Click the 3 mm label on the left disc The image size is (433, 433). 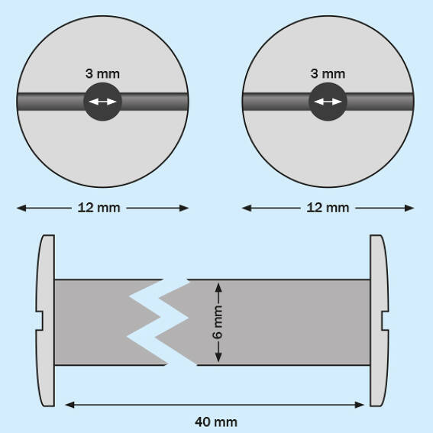(102, 74)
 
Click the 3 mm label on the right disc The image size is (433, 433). (328, 74)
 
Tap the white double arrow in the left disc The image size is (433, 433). (102, 102)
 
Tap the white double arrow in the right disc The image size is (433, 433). (328, 102)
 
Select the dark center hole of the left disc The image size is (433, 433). (102, 102)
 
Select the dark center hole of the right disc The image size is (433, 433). (328, 102)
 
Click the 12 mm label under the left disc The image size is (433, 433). (99, 208)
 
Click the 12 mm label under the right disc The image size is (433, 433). (328, 208)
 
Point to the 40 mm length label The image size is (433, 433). (216, 422)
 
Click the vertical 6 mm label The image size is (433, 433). (218, 322)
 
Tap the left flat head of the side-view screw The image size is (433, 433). (46, 321)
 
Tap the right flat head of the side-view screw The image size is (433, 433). (379, 321)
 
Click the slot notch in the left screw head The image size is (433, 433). (39, 321)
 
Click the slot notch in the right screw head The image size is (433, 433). (386, 321)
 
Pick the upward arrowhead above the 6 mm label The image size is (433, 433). (218, 288)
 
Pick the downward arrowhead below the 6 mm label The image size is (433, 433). (218, 357)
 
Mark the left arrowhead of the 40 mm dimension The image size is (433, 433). (69, 405)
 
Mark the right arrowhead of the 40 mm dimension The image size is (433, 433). (360, 405)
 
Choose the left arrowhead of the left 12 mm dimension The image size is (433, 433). (21, 208)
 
